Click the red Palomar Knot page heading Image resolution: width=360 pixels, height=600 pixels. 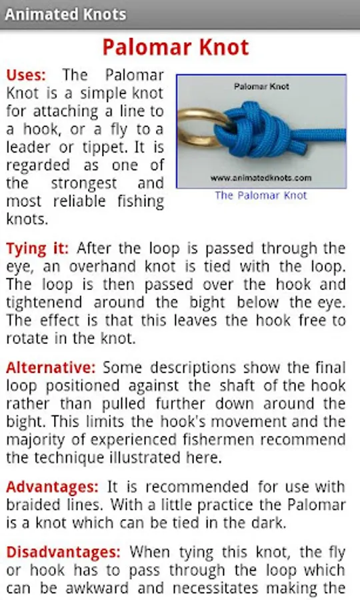click(x=175, y=47)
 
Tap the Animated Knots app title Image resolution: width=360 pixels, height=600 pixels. click(x=65, y=15)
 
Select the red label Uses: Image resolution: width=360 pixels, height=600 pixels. click(x=26, y=75)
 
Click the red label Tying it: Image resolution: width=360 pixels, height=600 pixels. click(x=37, y=249)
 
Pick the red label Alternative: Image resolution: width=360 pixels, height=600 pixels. click(x=51, y=368)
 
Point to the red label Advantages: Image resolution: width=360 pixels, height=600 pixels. click(x=53, y=487)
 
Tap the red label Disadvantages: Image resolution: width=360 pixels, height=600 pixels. click(x=63, y=552)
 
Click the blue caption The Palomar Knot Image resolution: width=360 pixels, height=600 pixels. click(x=261, y=195)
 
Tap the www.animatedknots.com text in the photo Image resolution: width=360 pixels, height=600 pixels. click(x=261, y=178)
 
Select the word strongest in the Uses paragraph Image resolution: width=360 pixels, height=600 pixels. click(x=84, y=184)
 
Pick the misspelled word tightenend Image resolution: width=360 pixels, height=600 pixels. click(x=44, y=303)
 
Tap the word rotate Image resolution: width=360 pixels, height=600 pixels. click(x=27, y=339)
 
